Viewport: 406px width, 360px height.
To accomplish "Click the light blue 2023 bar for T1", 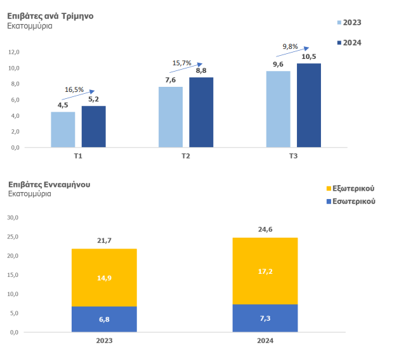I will point(63,129).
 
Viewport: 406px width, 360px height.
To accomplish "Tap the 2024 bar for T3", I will point(309,105).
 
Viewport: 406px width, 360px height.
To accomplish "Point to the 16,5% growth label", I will point(74,90).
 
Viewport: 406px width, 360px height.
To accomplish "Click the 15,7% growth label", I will point(182,63).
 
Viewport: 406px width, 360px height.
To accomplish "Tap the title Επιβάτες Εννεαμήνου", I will point(49,184).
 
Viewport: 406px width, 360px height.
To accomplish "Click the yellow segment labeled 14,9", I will point(104,278).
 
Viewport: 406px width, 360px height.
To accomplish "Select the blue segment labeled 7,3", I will point(265,318).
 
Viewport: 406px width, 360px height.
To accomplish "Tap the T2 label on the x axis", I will point(186,155).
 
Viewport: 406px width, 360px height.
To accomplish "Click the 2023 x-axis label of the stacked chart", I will point(104,340).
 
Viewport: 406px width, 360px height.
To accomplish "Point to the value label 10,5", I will point(309,56).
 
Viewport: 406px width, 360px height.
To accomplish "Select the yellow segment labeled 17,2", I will point(265,271).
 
